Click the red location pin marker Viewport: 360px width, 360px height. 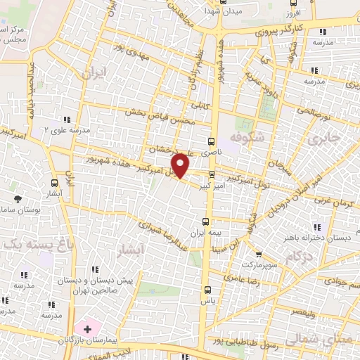(x=181, y=165)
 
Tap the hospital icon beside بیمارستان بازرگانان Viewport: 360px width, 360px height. (x=87, y=328)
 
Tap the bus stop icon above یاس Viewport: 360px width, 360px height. (x=207, y=289)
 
